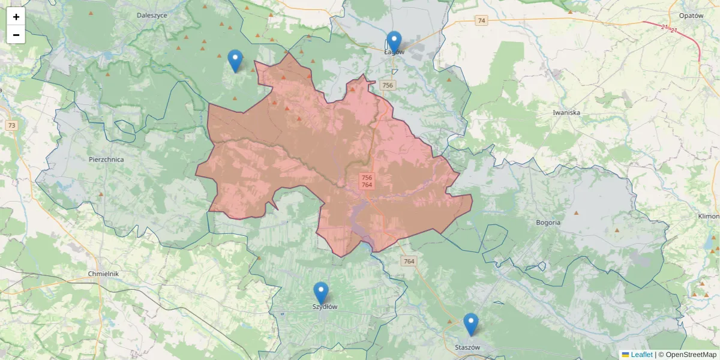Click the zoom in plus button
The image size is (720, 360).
click(16, 17)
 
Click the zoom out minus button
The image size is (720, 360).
click(16, 35)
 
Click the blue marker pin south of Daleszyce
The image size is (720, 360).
click(235, 61)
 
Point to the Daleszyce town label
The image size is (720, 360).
click(152, 15)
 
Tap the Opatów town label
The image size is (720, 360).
click(691, 16)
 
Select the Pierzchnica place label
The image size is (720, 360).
click(106, 160)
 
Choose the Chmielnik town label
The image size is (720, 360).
click(104, 274)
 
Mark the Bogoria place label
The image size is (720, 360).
click(548, 223)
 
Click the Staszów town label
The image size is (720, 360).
click(467, 347)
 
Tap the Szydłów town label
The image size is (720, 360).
click(325, 307)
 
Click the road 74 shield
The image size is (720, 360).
click(481, 21)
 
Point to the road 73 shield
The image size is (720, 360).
click(12, 125)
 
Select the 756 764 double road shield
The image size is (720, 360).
click(367, 181)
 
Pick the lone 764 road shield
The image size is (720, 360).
click(409, 261)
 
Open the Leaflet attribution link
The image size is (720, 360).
click(641, 355)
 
